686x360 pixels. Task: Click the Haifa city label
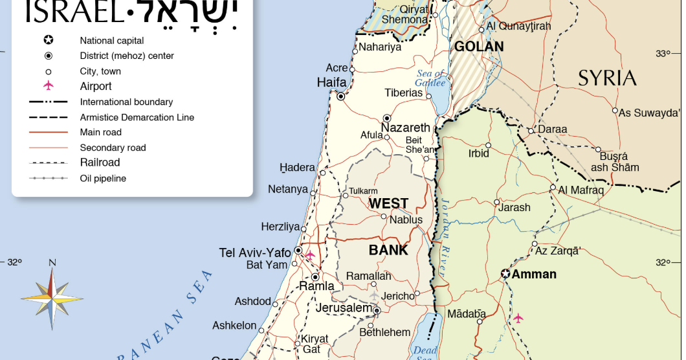click(x=331, y=82)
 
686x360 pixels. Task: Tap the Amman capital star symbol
click(x=505, y=274)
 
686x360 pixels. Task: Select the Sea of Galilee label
click(x=430, y=78)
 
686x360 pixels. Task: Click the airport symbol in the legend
click(x=48, y=86)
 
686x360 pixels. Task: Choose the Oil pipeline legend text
click(x=103, y=178)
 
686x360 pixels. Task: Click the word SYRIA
click(x=607, y=78)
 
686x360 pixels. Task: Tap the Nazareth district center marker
click(x=387, y=118)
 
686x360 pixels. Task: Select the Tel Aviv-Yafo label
click(x=255, y=253)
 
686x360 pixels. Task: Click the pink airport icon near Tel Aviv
click(x=310, y=255)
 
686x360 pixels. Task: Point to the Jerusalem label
click(x=344, y=308)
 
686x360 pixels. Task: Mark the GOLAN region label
click(x=478, y=47)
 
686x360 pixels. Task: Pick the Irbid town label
click(x=479, y=154)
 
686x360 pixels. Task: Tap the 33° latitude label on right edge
click(x=663, y=54)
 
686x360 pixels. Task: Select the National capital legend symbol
click(x=48, y=40)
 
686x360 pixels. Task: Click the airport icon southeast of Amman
click(x=518, y=318)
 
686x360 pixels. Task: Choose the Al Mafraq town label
click(x=581, y=190)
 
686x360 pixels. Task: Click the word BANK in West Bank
click(x=388, y=250)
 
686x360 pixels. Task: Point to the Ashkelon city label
click(x=234, y=326)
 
